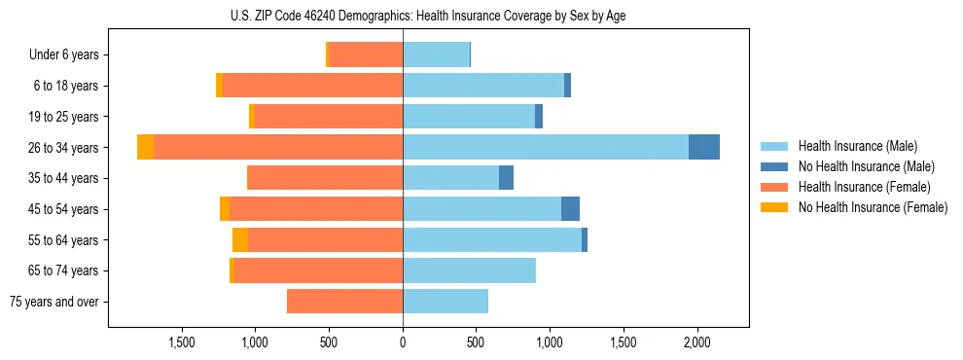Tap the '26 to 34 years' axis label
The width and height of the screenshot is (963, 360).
[x=65, y=148]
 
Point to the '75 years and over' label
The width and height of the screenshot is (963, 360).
[x=54, y=302]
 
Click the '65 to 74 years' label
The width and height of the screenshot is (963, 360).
[x=65, y=270]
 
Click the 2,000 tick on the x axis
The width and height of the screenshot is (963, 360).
[x=696, y=342]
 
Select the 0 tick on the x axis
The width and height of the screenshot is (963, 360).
[x=403, y=342]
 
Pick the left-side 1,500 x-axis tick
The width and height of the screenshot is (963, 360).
[x=182, y=342]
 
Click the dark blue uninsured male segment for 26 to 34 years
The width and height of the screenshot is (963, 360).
[x=704, y=147]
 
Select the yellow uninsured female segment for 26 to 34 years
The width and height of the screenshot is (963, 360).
[x=145, y=147]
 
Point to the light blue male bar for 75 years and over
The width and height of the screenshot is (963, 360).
[x=446, y=302]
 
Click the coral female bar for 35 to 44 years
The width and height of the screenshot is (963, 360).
[x=325, y=178]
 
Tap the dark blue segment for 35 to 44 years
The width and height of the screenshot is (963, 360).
[x=506, y=178]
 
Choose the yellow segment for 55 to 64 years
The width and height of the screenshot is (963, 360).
[x=240, y=239]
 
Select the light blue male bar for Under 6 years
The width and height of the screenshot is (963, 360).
[x=436, y=54]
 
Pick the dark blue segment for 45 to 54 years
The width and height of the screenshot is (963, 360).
[x=570, y=208]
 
